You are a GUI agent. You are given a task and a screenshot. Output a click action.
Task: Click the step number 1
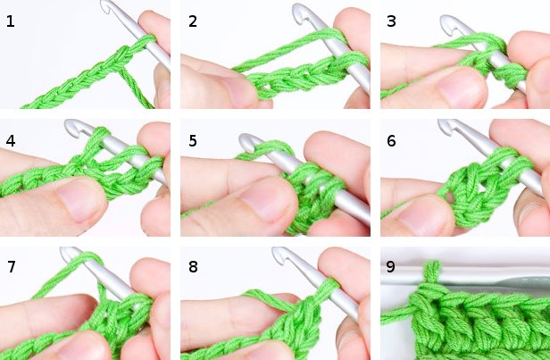pos(11,21)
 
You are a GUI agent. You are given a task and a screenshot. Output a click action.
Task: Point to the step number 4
pos(11,141)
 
